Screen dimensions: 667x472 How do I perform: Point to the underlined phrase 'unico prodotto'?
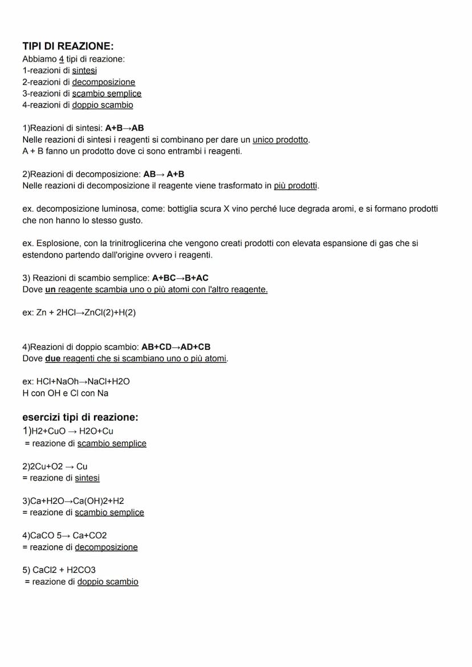coord(280,140)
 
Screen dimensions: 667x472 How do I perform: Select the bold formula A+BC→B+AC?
coord(180,278)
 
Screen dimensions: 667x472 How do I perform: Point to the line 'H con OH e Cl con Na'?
coord(65,393)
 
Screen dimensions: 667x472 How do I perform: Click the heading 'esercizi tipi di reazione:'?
coord(80,417)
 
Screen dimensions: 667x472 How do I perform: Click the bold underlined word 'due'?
coord(53,358)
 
